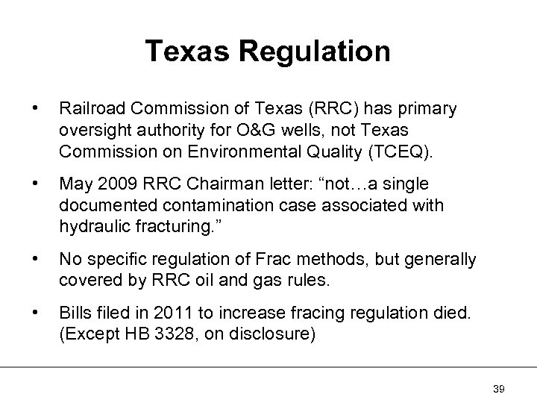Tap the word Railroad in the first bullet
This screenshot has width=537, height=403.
point(87,109)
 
